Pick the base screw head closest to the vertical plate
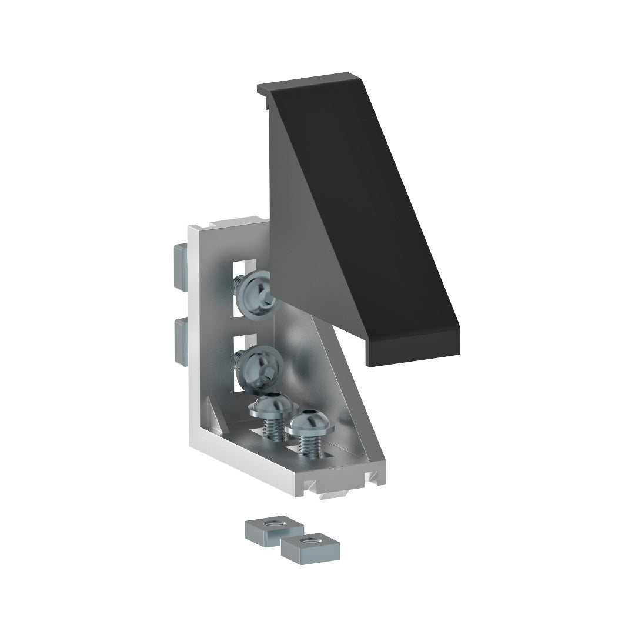coord(271,407)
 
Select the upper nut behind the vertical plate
coord(179,267)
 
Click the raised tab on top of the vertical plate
coord(235,222)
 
